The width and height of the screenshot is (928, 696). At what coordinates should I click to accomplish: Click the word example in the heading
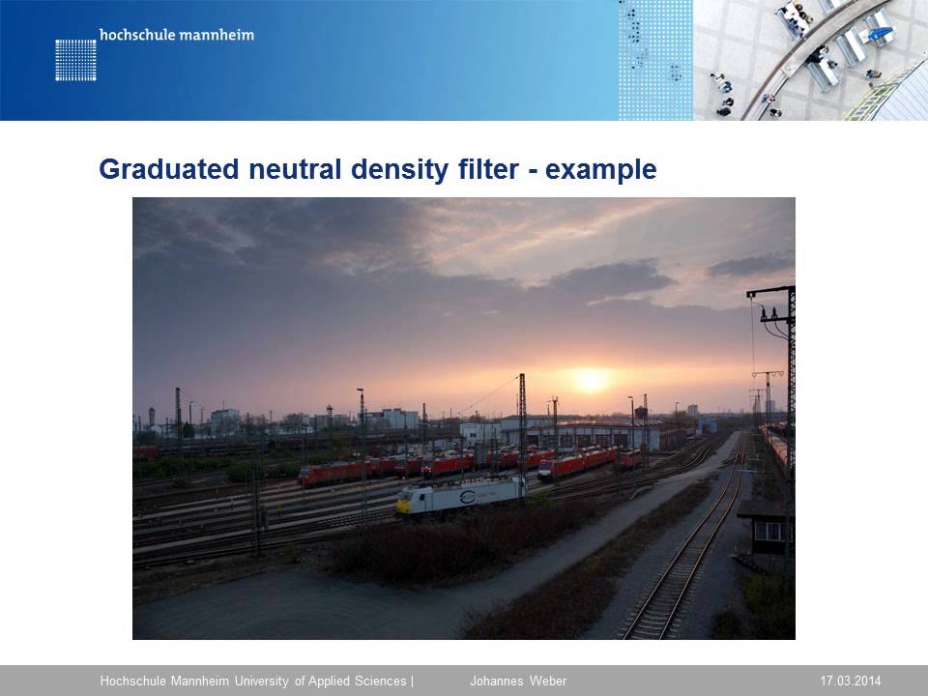click(601, 170)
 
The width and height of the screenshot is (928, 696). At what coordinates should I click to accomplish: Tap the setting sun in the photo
click(590, 379)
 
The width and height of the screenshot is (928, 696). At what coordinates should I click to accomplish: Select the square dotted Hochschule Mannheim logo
click(75, 60)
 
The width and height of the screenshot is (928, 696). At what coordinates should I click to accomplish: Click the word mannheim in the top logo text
click(216, 36)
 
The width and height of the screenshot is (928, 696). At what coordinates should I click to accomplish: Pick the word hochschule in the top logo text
click(135, 36)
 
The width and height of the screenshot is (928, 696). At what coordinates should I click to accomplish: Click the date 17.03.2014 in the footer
click(851, 681)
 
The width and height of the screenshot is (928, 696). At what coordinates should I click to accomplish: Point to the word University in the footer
click(262, 681)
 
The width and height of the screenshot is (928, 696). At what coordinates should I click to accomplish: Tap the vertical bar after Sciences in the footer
click(413, 681)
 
